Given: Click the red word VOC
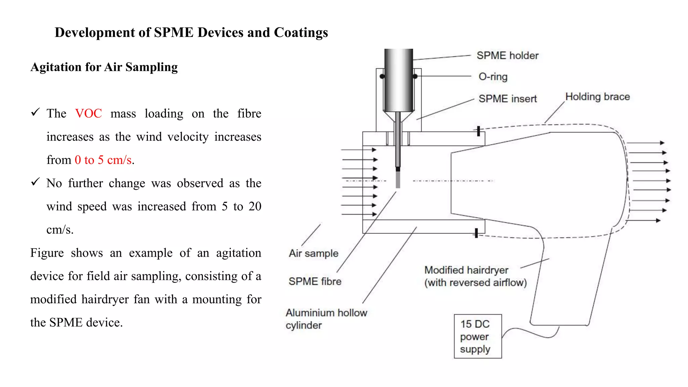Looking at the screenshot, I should point(88,114).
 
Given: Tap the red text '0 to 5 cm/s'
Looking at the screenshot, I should point(103,160).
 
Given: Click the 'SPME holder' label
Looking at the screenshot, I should point(507,55).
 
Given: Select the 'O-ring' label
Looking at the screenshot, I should point(493,77).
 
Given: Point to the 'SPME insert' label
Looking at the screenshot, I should point(508,99).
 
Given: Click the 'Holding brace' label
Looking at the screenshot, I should point(597,97).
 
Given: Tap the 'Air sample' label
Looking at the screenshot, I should point(313,253).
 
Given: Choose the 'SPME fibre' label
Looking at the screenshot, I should point(315,281).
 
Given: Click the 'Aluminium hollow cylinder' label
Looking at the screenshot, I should point(326,319).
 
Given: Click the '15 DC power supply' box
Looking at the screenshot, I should point(477,336).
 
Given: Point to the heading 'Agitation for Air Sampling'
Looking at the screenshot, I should point(104,67).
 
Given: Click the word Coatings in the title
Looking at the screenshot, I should point(301,33).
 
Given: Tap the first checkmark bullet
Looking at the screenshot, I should point(35,112).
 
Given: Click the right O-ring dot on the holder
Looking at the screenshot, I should point(415,77).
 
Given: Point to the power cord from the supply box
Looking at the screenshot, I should point(531,333).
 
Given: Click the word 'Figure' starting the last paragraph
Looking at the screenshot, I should point(47,253).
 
